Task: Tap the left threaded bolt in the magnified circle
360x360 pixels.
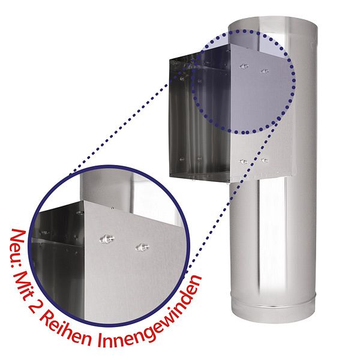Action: pyautogui.click(x=107, y=239)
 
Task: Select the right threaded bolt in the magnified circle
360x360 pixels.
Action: pyautogui.click(x=143, y=247)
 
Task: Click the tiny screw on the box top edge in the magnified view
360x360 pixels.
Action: pyautogui.click(x=112, y=208)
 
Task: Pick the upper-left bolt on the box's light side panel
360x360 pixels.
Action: pyautogui.click(x=244, y=67)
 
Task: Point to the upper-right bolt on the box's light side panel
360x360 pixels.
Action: pyautogui.click(x=265, y=71)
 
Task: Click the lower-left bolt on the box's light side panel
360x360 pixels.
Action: pyautogui.click(x=243, y=161)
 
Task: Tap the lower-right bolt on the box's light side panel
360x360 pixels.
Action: pyautogui.click(x=264, y=160)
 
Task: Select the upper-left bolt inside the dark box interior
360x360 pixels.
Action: pyautogui.click(x=182, y=79)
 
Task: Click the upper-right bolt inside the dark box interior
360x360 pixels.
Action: pyautogui.click(x=200, y=81)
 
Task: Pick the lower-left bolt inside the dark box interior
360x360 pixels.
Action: pyautogui.click(x=182, y=159)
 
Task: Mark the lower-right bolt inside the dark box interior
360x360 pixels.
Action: pyautogui.click(x=199, y=158)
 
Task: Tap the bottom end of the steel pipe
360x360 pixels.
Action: pyautogui.click(x=273, y=322)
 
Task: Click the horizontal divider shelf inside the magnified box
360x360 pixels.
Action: pyautogui.click(x=58, y=242)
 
